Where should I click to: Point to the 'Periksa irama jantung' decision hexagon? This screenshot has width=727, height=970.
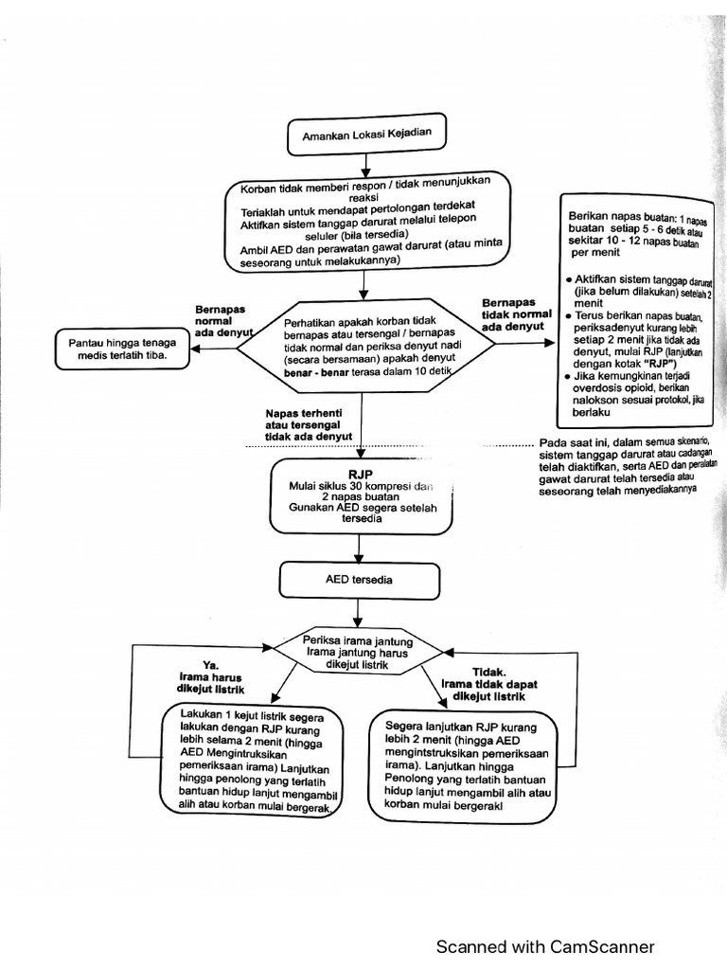[358, 649]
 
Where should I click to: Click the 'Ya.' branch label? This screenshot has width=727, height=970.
[210, 665]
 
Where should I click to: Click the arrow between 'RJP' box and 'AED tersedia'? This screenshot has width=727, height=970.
[358, 547]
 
